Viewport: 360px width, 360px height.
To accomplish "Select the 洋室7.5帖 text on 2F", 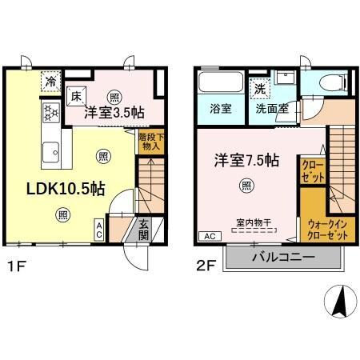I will [x=246, y=160].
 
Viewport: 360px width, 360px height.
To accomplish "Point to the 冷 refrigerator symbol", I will [x=50, y=81].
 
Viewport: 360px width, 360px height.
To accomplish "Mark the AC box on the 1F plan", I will [x=99, y=230].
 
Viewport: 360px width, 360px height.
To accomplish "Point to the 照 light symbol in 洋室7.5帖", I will [x=247, y=186].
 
